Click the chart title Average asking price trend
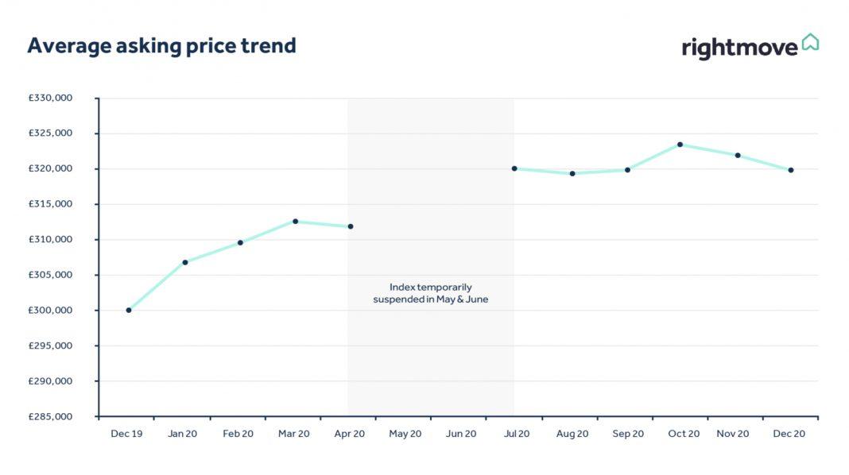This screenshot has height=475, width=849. coord(161,46)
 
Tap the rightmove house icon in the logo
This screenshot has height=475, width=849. coord(810,42)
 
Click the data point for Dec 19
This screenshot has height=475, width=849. coord(129,310)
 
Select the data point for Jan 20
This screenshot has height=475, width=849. coord(185,262)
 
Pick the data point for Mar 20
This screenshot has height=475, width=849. coord(295,222)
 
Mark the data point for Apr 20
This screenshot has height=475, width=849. coord(351,226)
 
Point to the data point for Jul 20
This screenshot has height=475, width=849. coord(514,168)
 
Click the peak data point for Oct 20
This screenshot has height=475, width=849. coord(680,145)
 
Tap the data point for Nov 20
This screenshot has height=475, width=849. coord(738,155)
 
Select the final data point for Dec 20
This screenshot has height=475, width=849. coord(791,170)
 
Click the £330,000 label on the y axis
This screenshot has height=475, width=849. coord(50,98)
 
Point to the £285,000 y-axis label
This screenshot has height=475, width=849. coord(50,416)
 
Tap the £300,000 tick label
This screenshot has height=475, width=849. coord(50,311)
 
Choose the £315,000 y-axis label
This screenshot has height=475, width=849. coord(50,204)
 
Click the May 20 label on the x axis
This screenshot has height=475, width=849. coord(405,434)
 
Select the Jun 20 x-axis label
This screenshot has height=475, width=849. coord(461,434)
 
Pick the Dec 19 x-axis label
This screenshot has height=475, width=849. coord(126,434)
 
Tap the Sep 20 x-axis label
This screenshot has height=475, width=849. coord(627,434)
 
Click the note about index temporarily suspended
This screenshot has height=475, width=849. coord(430,293)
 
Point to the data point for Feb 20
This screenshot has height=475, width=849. coord(240,243)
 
